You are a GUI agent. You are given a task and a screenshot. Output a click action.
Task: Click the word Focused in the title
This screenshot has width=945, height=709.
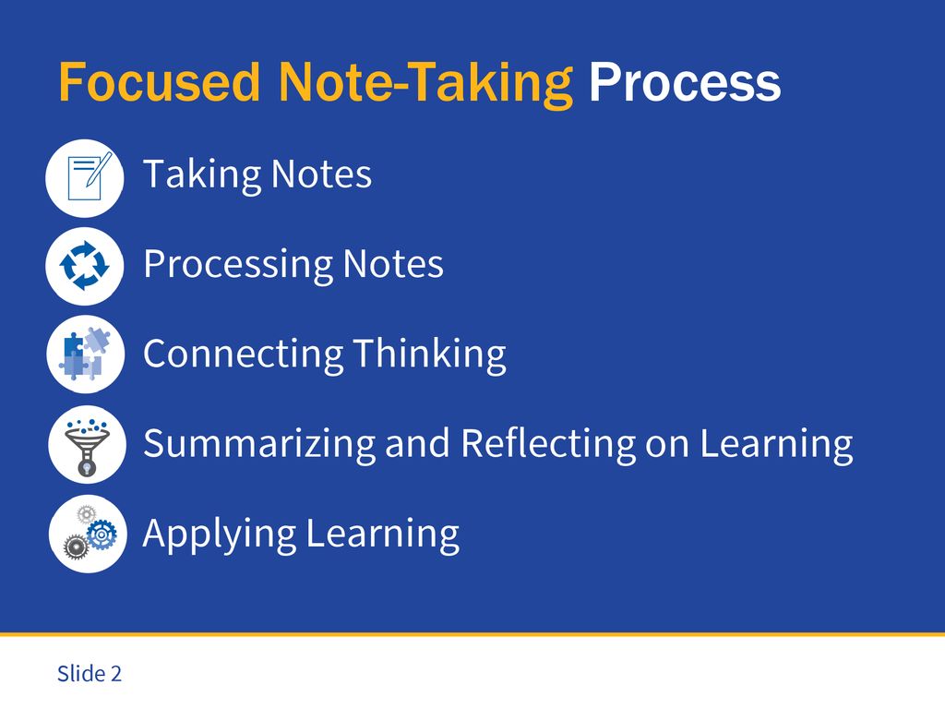[159, 82]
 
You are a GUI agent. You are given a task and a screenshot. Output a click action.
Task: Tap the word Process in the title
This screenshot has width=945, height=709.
[685, 82]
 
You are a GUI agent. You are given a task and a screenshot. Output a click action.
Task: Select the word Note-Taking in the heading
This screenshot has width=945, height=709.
[425, 84]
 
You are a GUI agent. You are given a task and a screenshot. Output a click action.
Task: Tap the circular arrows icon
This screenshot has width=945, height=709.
[85, 266]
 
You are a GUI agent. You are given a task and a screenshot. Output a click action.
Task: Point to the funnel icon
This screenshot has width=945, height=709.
[88, 444]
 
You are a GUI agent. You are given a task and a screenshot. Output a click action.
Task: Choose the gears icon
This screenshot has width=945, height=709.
[88, 534]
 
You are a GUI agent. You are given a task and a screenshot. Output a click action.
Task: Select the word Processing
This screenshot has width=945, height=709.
[238, 265]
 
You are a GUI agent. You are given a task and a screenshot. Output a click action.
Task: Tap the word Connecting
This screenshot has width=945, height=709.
[244, 354]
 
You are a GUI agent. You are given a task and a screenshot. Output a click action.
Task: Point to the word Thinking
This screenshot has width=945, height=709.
[430, 354]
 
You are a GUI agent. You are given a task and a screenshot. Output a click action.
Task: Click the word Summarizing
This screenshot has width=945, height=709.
[259, 444]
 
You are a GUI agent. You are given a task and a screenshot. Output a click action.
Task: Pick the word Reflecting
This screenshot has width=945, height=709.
[548, 444]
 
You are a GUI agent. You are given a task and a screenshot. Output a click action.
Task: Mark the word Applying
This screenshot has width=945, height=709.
[220, 535]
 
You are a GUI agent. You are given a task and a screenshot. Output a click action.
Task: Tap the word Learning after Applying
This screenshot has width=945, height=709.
[383, 535]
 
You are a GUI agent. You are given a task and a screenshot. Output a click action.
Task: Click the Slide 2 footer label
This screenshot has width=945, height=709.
[90, 673]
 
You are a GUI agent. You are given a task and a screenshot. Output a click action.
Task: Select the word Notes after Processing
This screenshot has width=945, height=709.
[393, 265]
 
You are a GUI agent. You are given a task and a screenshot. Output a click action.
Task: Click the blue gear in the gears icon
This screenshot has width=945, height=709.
[102, 535]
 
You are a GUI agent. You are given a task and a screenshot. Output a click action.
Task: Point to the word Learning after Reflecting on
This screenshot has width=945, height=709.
[776, 444]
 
